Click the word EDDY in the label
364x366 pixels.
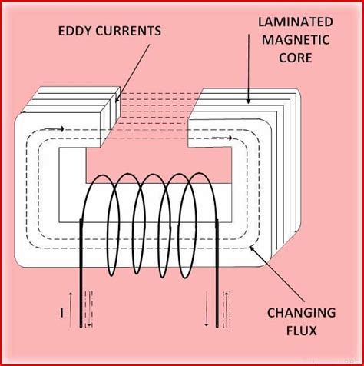pyautogui.click(x=74, y=31)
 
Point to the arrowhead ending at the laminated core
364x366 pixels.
pyautogui.click(x=247, y=101)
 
